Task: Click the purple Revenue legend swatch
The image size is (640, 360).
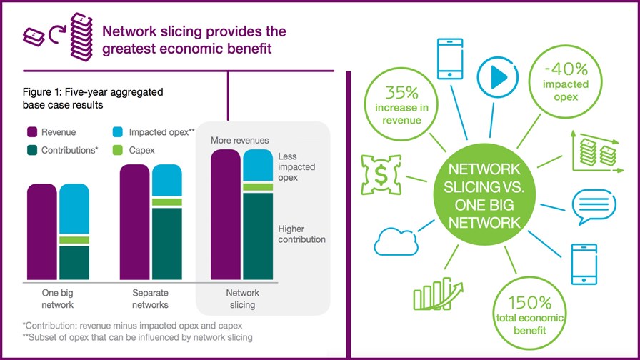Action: [x=32, y=132]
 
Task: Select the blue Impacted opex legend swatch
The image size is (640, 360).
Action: [x=118, y=132]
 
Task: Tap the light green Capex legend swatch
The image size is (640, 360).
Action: [x=118, y=150]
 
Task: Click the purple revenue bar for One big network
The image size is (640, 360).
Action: [x=42, y=232]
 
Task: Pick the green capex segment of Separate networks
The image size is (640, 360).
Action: [x=167, y=202]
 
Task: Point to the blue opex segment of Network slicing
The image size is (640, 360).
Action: [x=258, y=165]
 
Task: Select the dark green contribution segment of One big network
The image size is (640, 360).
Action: [x=74, y=263]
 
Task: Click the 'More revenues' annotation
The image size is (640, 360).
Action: [x=239, y=141]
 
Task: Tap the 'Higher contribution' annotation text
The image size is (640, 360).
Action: [x=301, y=234]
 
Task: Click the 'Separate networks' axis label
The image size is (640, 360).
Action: [x=150, y=299]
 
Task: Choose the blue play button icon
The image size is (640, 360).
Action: [x=498, y=77]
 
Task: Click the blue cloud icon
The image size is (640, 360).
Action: [x=396, y=242]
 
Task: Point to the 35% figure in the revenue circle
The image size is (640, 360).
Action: [x=401, y=93]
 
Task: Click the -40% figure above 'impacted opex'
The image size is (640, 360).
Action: [x=566, y=69]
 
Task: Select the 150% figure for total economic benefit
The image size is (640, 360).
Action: [x=530, y=303]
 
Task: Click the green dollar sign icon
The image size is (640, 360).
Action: [x=381, y=174]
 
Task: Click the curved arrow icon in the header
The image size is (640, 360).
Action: [x=57, y=34]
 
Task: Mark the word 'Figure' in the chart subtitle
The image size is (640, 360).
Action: [x=37, y=92]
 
